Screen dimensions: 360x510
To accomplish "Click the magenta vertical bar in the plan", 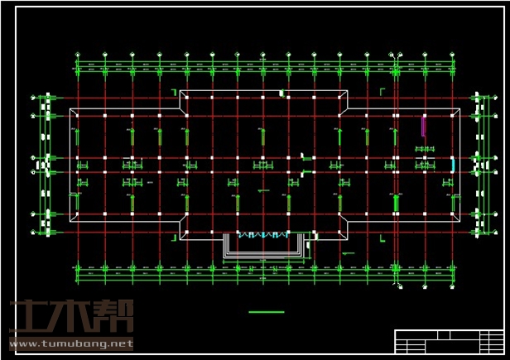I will point(423,126).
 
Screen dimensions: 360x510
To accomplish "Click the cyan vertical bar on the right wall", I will point(452,164).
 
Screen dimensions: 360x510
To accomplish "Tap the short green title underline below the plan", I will point(266,312).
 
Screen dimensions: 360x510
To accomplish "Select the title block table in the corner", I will point(448,340).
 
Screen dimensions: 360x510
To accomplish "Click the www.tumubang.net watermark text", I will point(71,343).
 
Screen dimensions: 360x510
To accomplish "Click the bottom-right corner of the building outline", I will point(461,221).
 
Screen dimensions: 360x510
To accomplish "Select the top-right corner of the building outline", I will point(461,108).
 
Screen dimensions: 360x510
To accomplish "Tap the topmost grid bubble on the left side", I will point(34,98).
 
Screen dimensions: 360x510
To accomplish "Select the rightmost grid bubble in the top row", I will point(452,55).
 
